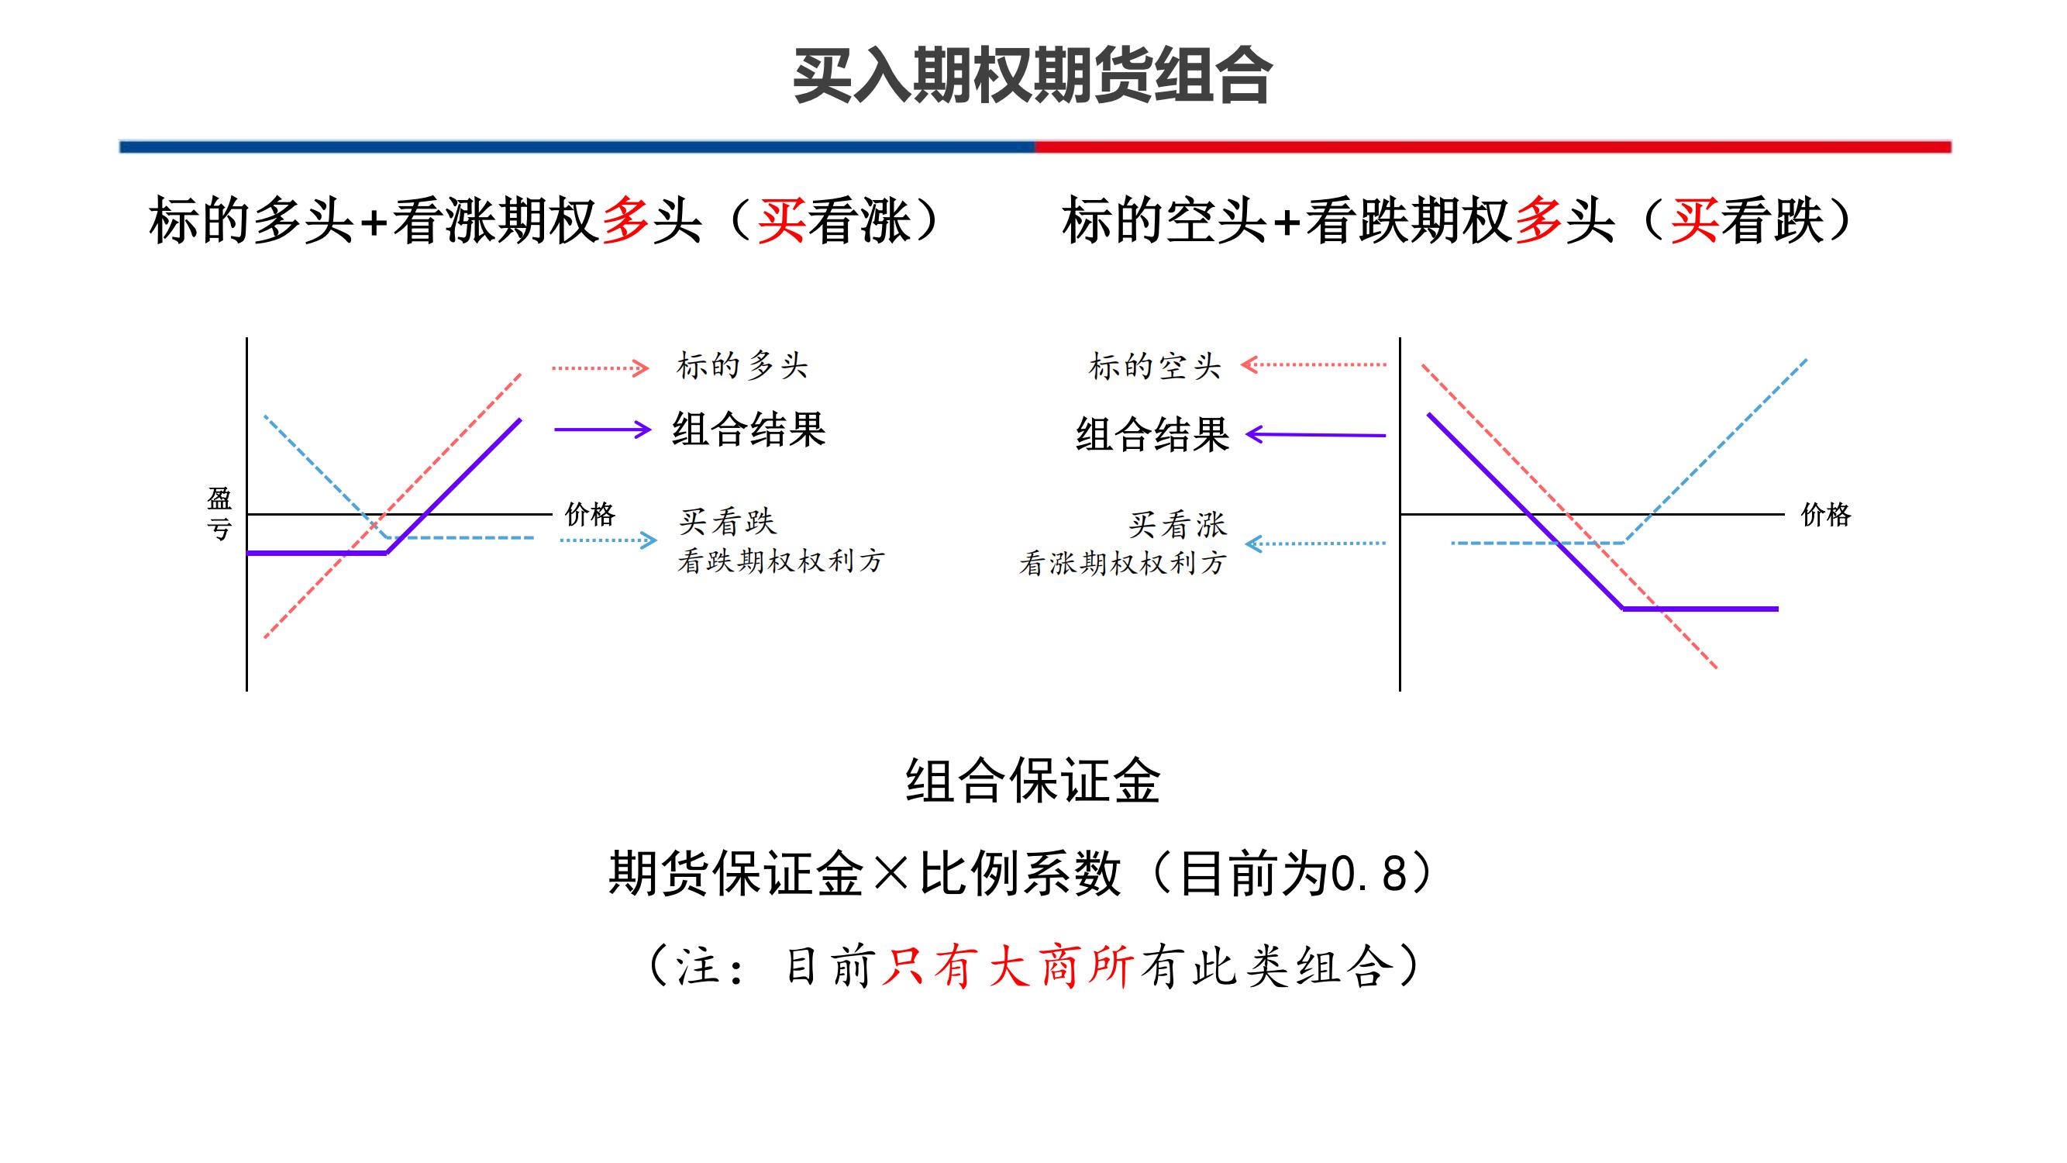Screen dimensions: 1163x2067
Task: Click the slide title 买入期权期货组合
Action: tap(1032, 75)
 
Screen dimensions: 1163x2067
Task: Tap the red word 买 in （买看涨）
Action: tap(780, 221)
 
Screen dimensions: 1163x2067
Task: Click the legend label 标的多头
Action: tap(742, 366)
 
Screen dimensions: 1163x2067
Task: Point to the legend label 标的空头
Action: tap(1155, 367)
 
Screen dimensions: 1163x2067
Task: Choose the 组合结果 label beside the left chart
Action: tap(749, 430)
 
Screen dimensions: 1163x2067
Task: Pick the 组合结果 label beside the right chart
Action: tap(1152, 434)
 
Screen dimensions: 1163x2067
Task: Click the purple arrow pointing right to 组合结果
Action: tap(601, 430)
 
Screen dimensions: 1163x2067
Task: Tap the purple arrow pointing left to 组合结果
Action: tap(1316, 435)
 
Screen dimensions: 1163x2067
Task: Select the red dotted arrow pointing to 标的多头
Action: tap(600, 368)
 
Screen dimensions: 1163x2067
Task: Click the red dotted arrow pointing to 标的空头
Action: tap(1314, 365)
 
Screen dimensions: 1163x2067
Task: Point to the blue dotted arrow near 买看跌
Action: tap(608, 540)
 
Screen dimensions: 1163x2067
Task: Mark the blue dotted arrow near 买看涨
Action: tap(1316, 544)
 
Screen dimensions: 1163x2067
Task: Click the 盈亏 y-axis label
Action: tap(219, 514)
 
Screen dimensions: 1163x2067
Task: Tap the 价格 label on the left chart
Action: tap(590, 514)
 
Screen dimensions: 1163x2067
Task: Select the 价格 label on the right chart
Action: tap(1825, 515)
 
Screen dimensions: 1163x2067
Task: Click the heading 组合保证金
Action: tap(1032, 781)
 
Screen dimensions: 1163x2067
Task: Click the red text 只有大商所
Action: tap(1008, 966)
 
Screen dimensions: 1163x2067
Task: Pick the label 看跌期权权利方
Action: tap(780, 561)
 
